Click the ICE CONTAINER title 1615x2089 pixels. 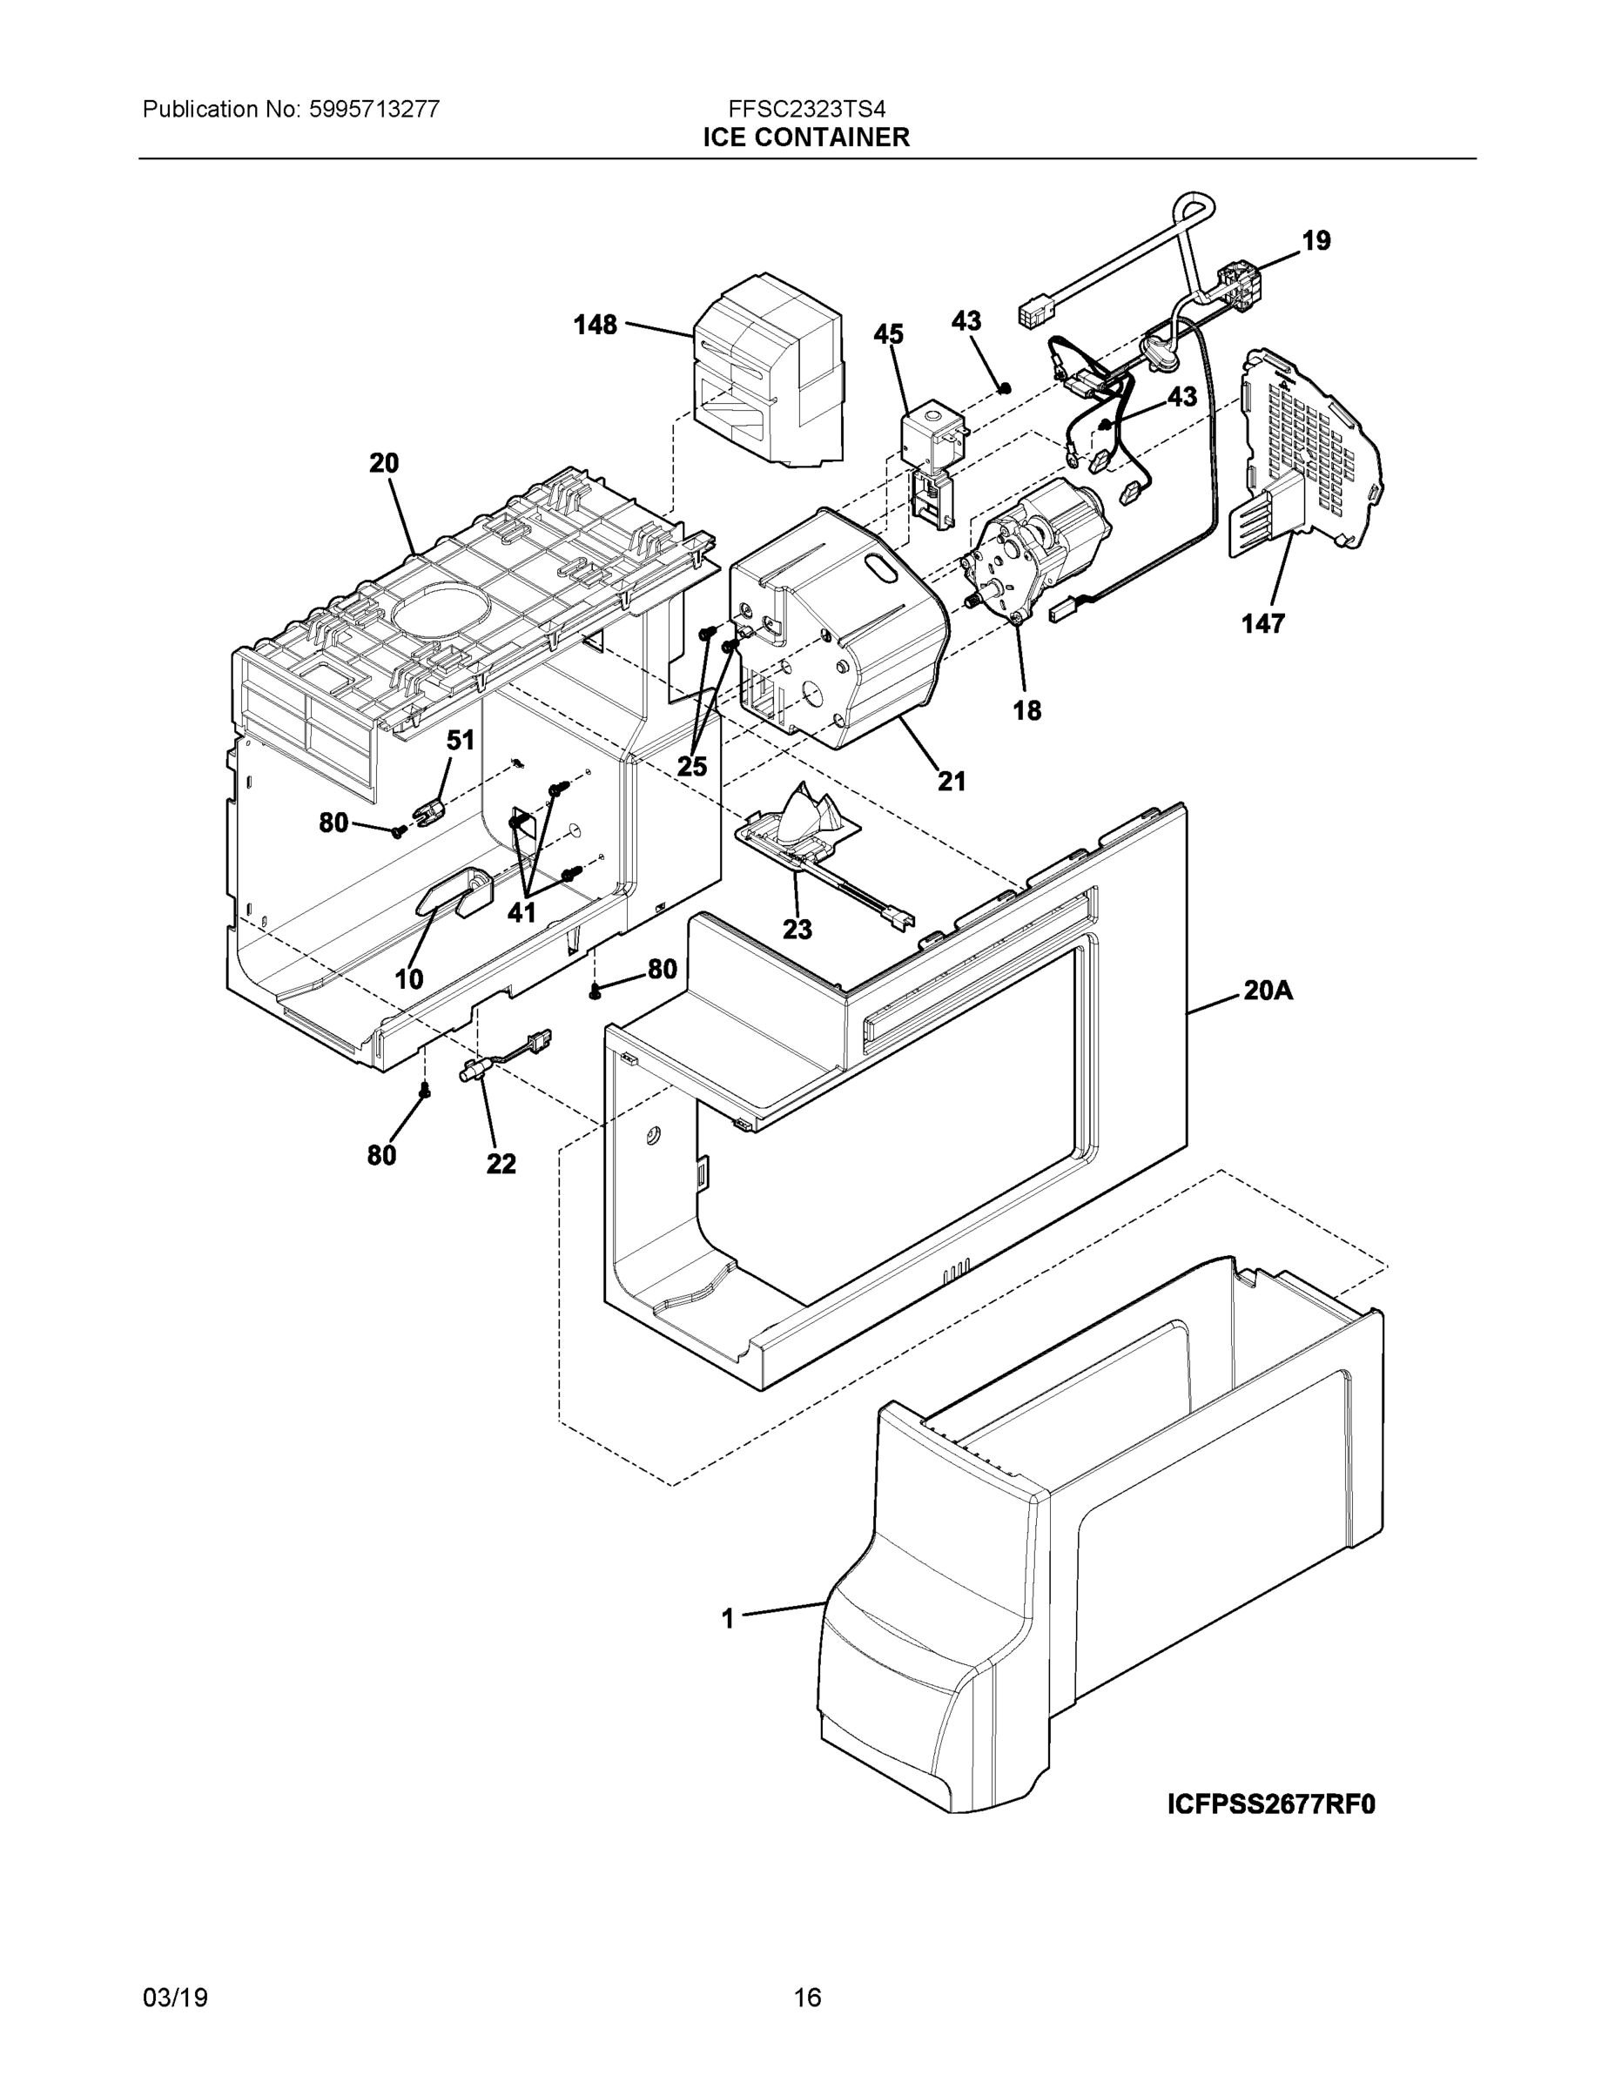coord(806,138)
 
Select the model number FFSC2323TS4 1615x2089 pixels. coord(806,109)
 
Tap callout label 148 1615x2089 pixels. coord(596,326)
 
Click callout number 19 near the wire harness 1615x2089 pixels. coord(1316,240)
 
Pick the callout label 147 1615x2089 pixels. coord(1263,623)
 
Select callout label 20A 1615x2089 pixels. coord(1268,991)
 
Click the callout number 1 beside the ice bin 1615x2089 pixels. coord(728,1619)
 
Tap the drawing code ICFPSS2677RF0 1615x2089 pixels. coord(1270,1805)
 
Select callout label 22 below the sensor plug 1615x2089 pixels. coord(501,1164)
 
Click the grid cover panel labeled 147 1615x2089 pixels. coord(1321,449)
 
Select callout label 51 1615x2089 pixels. coord(461,741)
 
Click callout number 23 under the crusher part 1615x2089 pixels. coord(797,929)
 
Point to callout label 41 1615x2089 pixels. coord(522,912)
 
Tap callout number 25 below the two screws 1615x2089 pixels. coord(692,766)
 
